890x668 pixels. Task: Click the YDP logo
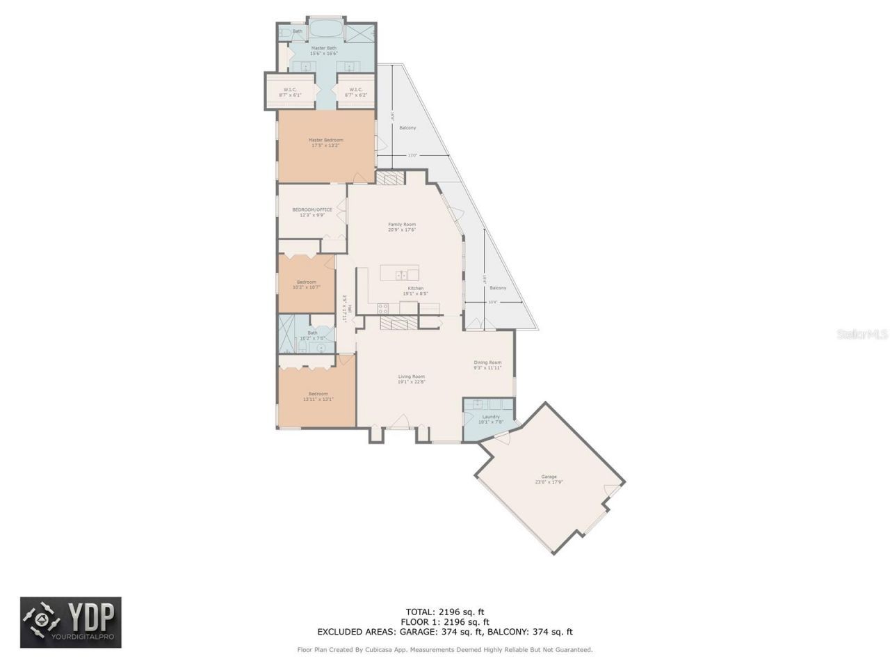(70, 622)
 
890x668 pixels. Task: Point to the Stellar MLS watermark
(862, 335)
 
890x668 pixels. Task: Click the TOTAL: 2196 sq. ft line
(445, 612)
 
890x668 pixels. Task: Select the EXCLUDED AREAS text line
(445, 632)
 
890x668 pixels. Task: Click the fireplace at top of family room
(390, 179)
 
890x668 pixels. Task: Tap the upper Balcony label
(407, 128)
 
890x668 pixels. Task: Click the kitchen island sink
(401, 275)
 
